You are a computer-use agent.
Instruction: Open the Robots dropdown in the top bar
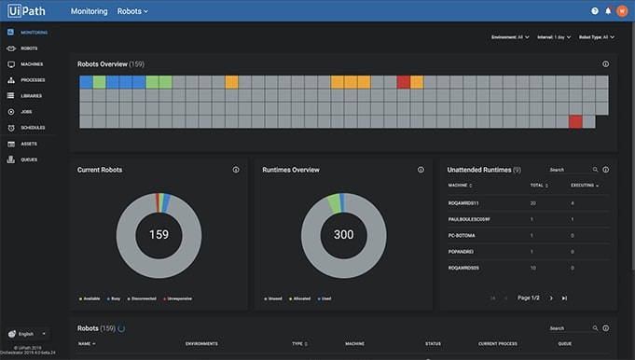point(132,11)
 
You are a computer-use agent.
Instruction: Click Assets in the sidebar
point(28,144)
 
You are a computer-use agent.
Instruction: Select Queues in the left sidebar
point(28,159)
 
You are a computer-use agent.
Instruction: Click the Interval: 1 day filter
point(554,37)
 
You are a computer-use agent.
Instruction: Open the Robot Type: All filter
point(597,37)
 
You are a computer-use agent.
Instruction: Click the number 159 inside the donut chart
point(159,234)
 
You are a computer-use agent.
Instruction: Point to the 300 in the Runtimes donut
point(344,234)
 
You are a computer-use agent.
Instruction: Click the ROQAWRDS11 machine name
point(463,202)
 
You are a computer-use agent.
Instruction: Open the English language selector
point(27,333)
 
